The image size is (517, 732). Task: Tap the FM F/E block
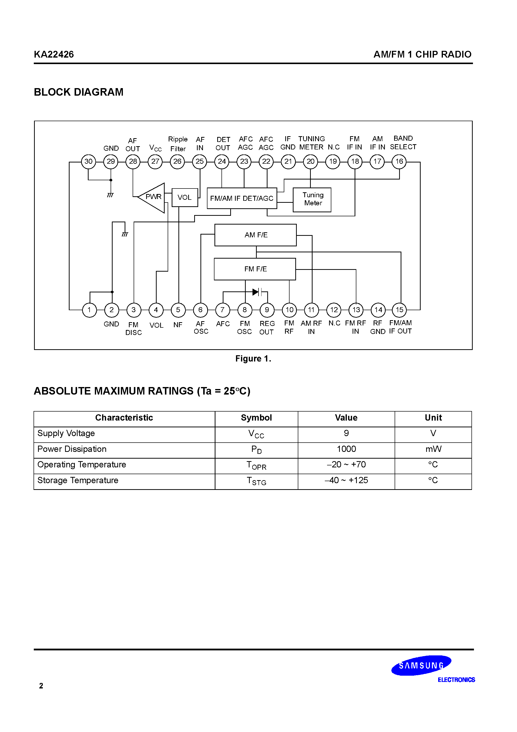255,269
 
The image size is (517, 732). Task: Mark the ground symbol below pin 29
110,195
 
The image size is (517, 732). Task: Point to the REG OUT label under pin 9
267,328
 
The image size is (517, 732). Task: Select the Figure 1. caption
253,359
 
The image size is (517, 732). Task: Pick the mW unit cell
433,449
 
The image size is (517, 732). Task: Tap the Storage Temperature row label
78,480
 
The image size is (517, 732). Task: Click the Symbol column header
256,418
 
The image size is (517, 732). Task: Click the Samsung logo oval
421,665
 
